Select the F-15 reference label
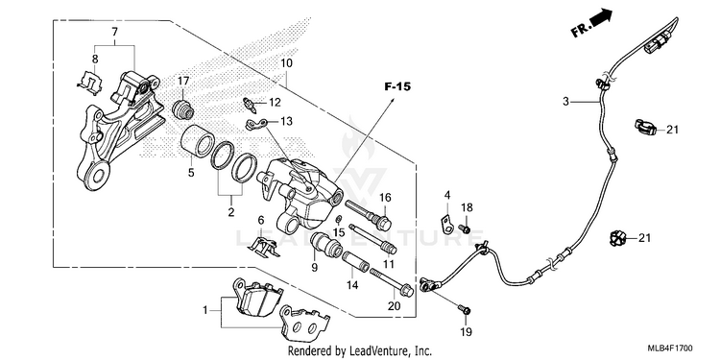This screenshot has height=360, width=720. tap(397, 86)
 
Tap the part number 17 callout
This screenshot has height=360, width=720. tap(183, 82)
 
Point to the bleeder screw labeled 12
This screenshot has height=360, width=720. tap(250, 105)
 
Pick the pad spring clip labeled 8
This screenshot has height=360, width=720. tap(90, 84)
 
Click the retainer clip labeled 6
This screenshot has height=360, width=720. tap(264, 249)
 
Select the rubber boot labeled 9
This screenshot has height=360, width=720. tap(326, 244)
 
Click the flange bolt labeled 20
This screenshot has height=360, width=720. tap(392, 281)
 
